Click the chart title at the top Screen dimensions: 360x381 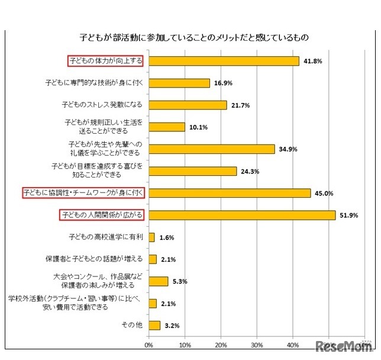(195, 37)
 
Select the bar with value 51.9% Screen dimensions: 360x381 (242, 215)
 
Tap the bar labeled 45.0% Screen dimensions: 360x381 (230, 193)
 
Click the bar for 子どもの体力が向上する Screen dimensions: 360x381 (224, 61)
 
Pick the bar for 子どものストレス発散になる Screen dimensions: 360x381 (188, 105)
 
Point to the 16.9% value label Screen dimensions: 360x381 (223, 83)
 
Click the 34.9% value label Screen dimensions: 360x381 (288, 149)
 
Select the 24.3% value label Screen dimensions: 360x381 (250, 171)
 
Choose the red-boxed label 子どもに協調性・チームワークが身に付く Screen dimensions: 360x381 (83, 193)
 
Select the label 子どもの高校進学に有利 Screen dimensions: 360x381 (106, 237)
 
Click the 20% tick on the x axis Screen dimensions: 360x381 (221, 345)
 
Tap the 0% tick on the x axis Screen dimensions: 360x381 (149, 345)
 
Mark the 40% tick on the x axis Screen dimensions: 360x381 (292, 345)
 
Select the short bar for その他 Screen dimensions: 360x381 (154, 325)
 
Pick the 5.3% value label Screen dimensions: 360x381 (182, 281)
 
